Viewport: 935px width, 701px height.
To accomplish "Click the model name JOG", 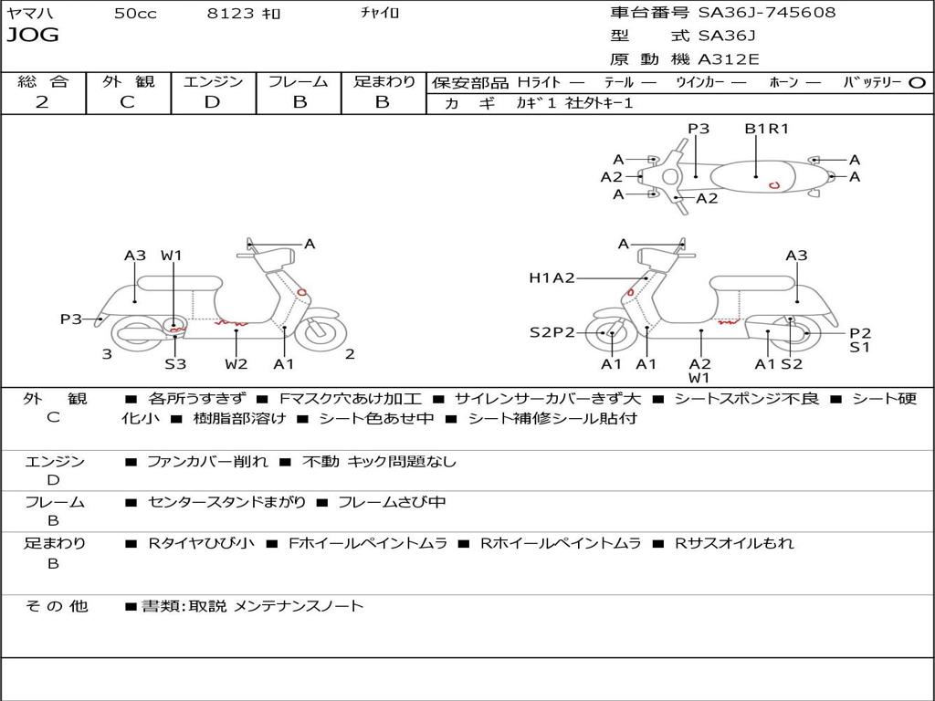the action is coord(33,35).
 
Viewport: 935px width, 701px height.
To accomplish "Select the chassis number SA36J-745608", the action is coord(767,12).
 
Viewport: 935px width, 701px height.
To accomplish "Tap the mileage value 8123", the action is coord(230,13).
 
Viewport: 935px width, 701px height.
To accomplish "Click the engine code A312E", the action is coord(728,59).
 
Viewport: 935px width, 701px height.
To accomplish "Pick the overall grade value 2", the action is coord(42,102).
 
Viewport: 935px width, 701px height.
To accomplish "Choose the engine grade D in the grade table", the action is coord(212,102).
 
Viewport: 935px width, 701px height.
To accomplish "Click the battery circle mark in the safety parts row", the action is coord(917,83).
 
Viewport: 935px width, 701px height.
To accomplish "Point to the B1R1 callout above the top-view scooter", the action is coord(766,128).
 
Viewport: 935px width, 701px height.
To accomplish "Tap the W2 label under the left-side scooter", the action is coord(236,363).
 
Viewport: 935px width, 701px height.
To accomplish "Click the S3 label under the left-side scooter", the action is coord(175,363).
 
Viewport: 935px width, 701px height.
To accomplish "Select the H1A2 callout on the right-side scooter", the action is coord(552,277).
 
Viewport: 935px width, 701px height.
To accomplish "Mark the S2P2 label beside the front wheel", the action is coord(552,332).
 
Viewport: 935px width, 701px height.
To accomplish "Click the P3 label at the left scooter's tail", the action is coord(71,319).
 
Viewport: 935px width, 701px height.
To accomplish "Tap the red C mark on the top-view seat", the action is coord(774,184).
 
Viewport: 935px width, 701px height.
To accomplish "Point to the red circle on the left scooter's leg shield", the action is coord(302,292).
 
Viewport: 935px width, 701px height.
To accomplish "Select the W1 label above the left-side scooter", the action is coord(171,256).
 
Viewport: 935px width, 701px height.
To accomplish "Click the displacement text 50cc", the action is coord(135,13).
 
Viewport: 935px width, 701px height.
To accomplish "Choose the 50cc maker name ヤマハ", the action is coord(30,13).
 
